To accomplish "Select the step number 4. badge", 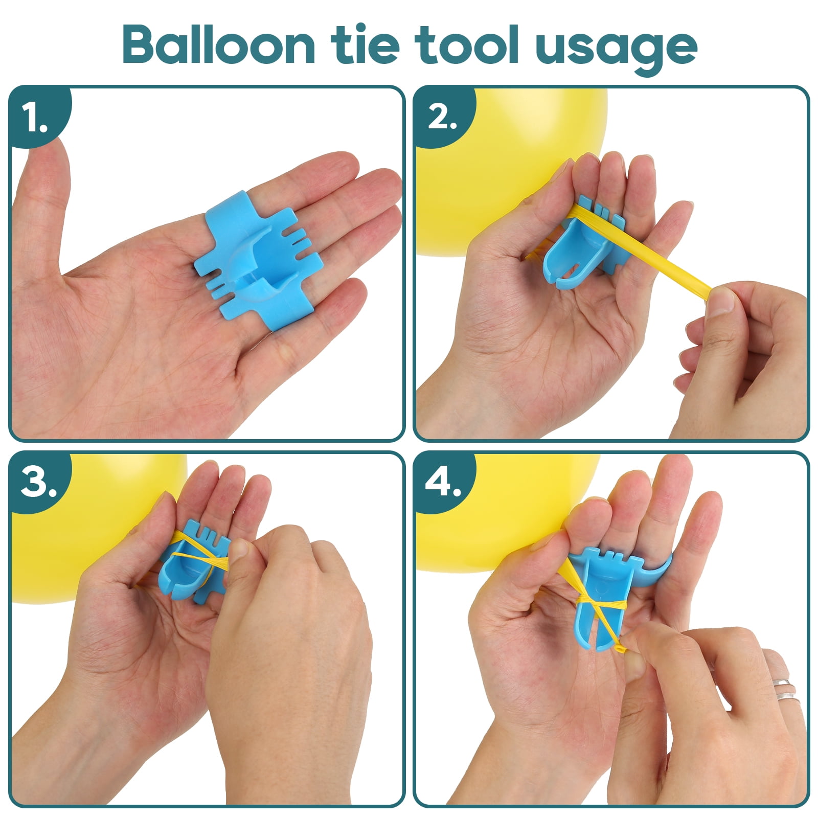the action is [442, 483].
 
